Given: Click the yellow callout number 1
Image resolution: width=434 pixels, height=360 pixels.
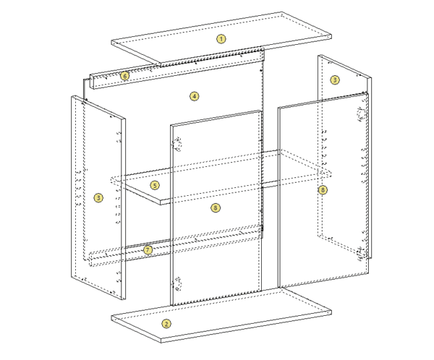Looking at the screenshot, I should [x=221, y=38].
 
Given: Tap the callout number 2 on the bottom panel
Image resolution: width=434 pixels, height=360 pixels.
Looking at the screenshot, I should [x=166, y=323].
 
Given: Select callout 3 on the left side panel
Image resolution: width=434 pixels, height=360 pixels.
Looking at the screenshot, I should [x=98, y=197].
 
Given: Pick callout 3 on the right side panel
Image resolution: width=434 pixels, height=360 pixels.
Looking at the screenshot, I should [x=334, y=80].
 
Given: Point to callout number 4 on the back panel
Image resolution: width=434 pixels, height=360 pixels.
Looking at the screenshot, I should [x=195, y=95].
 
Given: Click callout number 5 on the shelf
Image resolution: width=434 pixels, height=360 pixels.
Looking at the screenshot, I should [x=155, y=185].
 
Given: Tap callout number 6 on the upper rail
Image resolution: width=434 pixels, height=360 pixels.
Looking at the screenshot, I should [x=125, y=75].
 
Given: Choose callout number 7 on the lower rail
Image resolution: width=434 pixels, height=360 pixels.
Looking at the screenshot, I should [x=148, y=249].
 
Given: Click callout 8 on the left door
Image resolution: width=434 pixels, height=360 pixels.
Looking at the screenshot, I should [x=215, y=207].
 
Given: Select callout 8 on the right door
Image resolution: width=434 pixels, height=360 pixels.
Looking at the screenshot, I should [x=323, y=190].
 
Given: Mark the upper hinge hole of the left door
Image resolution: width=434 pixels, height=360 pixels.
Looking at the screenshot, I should [x=177, y=144].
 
